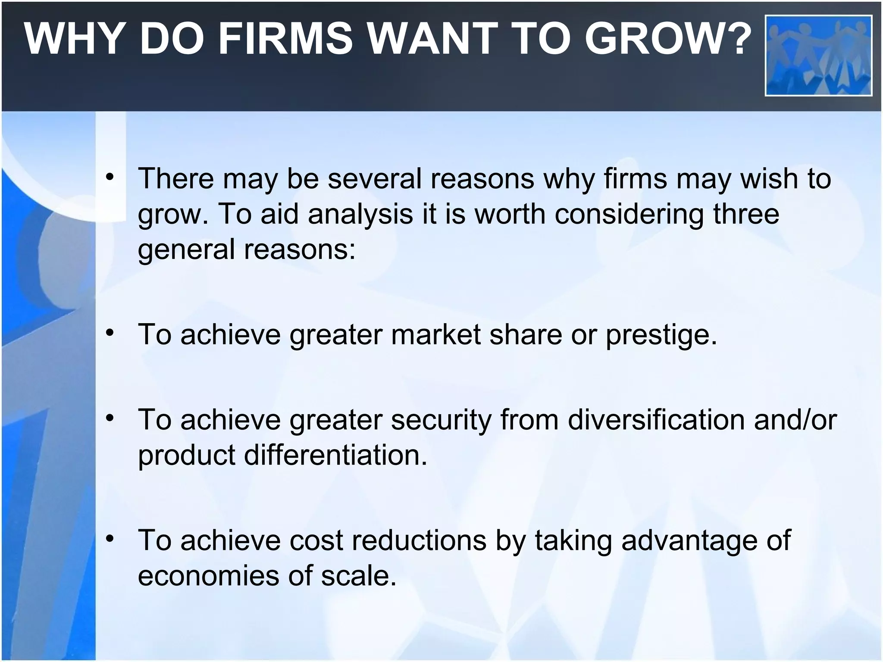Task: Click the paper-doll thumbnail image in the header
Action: (818, 55)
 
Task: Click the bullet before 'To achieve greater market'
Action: (110, 333)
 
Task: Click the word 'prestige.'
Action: (661, 335)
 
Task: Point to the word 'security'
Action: (441, 420)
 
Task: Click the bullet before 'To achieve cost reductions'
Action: (110, 539)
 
